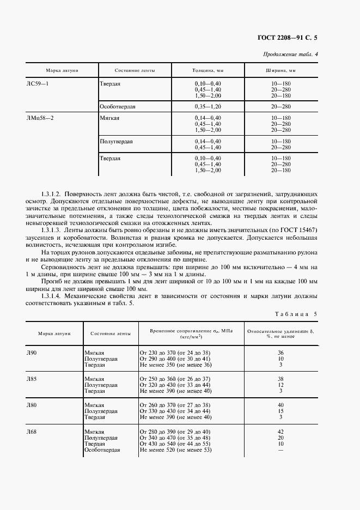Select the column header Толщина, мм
208,71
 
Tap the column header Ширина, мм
280,71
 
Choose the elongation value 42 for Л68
280,432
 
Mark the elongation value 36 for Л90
280,353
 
